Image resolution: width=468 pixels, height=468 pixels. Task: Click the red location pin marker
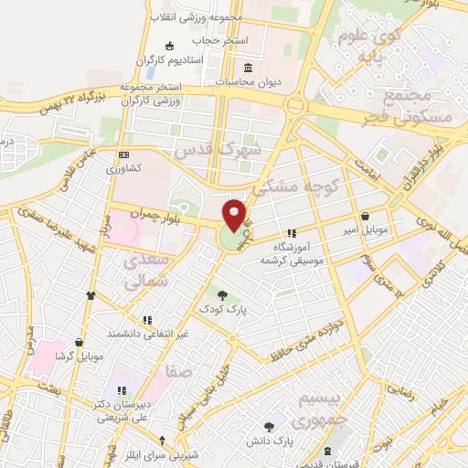pyautogui.click(x=235, y=214)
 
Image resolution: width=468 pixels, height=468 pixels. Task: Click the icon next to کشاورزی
pyautogui.click(x=124, y=154)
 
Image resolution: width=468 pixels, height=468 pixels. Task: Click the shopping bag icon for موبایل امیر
pyautogui.click(x=367, y=216)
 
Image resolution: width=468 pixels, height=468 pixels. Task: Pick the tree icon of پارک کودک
pyautogui.click(x=224, y=293)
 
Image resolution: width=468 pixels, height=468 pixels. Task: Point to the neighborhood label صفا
pyautogui.click(x=179, y=371)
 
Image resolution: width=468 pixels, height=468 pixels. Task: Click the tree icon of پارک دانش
pyautogui.click(x=269, y=427)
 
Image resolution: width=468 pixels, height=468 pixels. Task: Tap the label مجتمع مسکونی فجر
pyautogui.click(x=416, y=104)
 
